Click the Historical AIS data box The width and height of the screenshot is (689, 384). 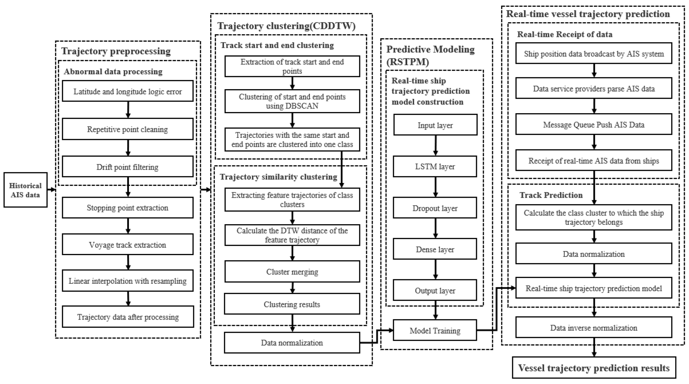coord(25,190)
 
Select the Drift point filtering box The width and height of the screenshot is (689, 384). coord(128,167)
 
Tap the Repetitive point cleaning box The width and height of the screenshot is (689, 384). coord(128,129)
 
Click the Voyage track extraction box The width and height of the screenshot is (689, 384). coord(128,244)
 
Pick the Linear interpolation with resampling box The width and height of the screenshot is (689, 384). coord(128,280)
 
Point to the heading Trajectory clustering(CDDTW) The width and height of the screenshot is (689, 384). coord(286,26)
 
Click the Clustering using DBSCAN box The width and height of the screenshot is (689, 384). coord(292,101)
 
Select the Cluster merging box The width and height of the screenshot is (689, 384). coord(292,272)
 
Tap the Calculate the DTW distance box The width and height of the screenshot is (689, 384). coord(292,235)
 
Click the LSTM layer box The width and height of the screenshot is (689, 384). coord(435,167)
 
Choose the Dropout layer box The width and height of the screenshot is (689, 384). coord(435,208)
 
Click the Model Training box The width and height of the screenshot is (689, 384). coord(435,331)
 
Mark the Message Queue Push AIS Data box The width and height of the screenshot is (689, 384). coord(594,125)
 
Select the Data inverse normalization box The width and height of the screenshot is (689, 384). coord(594,328)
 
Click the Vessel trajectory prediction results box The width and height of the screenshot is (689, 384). coord(594,368)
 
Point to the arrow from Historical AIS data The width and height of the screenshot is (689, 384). coord(51,190)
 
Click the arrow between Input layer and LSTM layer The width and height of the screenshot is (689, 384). coord(435,145)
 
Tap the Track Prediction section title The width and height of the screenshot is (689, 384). coord(551,195)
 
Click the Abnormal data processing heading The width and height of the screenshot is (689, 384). coord(113,72)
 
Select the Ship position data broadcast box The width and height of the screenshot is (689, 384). coord(594,53)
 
